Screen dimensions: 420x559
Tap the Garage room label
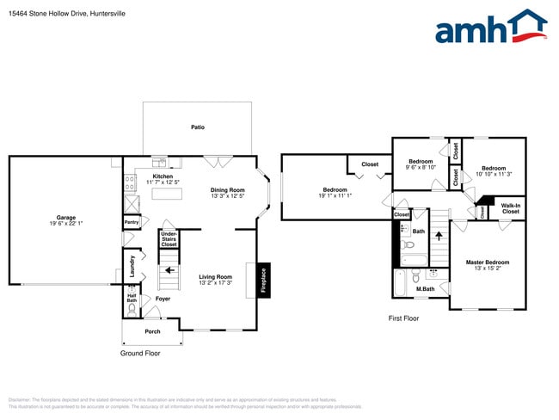[66, 218]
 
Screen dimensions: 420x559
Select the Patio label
[198, 127]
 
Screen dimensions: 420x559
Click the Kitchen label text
[163, 176]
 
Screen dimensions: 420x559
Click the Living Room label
[216, 276]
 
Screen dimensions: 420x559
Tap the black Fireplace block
[262, 281]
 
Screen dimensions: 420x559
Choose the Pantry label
[132, 222]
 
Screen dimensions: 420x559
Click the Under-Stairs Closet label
[169, 238]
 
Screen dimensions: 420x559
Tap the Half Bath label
[132, 298]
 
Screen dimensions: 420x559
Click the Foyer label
[163, 298]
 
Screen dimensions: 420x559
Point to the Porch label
[152, 331]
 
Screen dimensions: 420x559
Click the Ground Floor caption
[139, 353]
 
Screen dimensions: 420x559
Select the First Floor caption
[403, 318]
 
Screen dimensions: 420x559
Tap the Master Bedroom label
[488, 262]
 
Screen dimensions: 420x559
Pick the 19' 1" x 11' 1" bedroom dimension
[335, 195]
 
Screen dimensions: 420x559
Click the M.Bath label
[425, 289]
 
